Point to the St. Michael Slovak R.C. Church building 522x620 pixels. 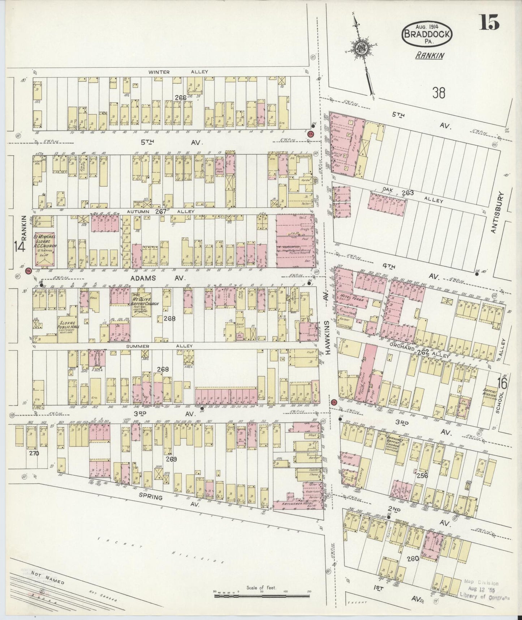44,249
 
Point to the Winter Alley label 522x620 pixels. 178,72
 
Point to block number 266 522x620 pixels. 180,97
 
